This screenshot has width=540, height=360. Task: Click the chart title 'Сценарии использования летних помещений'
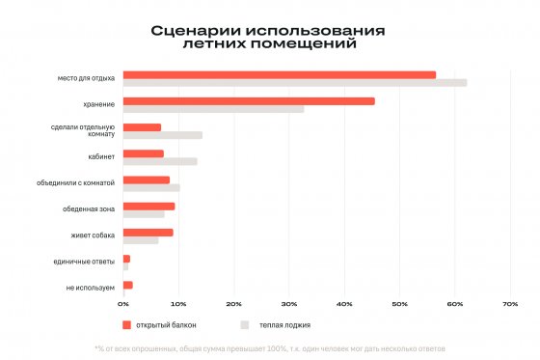pyautogui.click(x=268, y=37)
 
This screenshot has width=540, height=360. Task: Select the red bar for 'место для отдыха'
pyautogui.click(x=280, y=74)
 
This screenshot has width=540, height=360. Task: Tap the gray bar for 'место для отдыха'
pyautogui.click(x=295, y=83)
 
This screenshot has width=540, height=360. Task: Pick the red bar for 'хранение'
pyautogui.click(x=249, y=100)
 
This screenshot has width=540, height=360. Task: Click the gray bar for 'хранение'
pyautogui.click(x=213, y=109)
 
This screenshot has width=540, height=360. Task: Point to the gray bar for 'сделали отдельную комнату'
pyautogui.click(x=163, y=135)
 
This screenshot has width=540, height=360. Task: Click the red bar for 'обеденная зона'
pyautogui.click(x=149, y=206)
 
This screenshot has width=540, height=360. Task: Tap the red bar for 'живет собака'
pyautogui.click(x=148, y=232)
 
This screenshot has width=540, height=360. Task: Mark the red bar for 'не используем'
pyautogui.click(x=128, y=285)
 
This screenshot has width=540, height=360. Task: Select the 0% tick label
pyautogui.click(x=123, y=304)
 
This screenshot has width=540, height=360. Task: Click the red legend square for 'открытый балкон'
pyautogui.click(x=126, y=325)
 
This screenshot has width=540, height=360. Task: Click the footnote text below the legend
pyautogui.click(x=269, y=347)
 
